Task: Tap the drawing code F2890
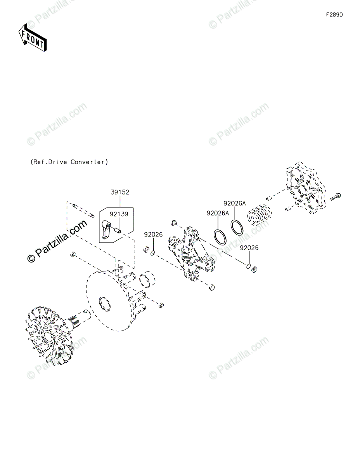[334, 15]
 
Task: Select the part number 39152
[120, 192]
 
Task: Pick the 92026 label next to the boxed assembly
[153, 235]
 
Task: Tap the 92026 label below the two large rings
[249, 248]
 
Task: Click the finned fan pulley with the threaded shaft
[47, 334]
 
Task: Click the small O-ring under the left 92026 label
[153, 253]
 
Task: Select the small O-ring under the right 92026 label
[248, 266]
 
